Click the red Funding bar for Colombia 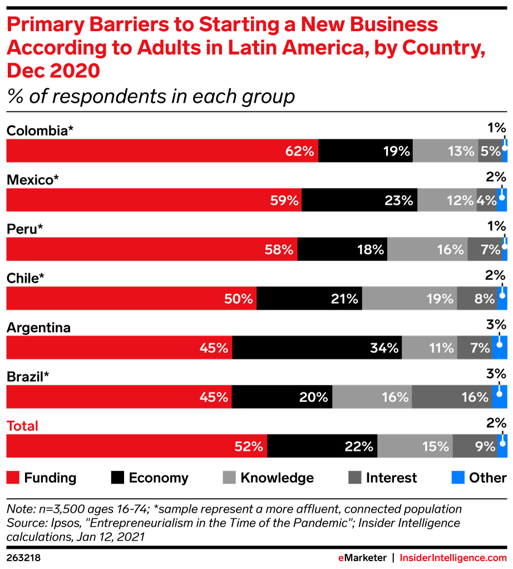point(161,151)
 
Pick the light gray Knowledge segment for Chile point(410,298)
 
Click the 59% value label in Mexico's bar point(284,200)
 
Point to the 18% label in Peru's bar point(371,249)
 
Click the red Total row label point(22,426)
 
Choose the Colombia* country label point(40,130)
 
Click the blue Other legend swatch point(457,478)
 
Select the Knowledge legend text point(277,478)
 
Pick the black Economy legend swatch point(118,478)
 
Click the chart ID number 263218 point(23,557)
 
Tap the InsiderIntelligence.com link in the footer point(453,557)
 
